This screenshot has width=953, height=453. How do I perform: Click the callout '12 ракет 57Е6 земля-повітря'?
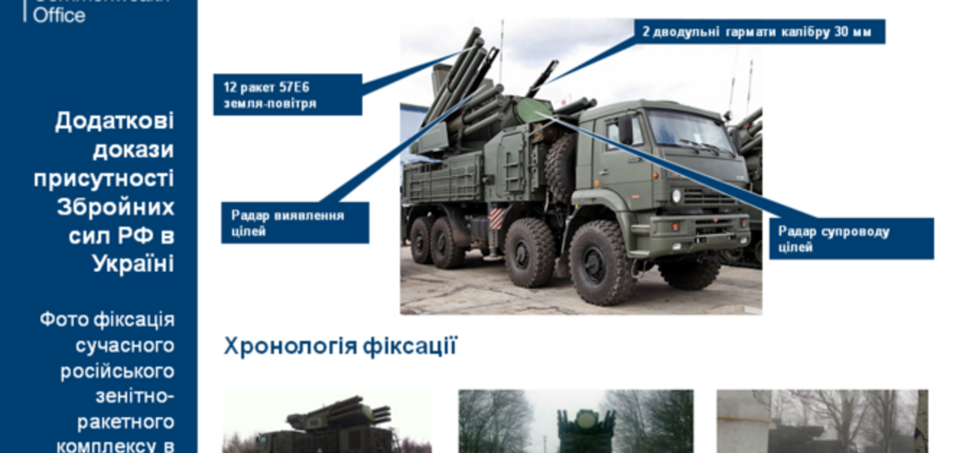click(x=287, y=95)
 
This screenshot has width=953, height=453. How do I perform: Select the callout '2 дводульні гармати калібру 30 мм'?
click(x=759, y=32)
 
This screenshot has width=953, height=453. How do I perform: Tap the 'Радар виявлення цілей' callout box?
click(x=295, y=223)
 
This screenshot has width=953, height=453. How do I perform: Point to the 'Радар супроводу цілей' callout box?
click(x=851, y=238)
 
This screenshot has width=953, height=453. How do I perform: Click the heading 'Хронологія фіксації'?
click(x=340, y=346)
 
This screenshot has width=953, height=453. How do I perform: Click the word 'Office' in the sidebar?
click(x=59, y=15)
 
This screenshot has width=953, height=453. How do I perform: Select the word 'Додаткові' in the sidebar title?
click(x=114, y=121)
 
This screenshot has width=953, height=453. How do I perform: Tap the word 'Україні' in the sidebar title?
click(x=133, y=264)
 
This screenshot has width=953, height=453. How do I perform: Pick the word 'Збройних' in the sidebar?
click(x=116, y=207)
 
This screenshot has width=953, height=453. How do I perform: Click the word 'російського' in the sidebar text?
click(x=117, y=371)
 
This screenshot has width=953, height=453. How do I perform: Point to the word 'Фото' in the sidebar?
click(x=64, y=320)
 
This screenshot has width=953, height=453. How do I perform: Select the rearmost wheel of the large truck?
click(x=421, y=240)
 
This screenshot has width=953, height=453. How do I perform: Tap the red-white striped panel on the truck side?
click(x=496, y=218)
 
